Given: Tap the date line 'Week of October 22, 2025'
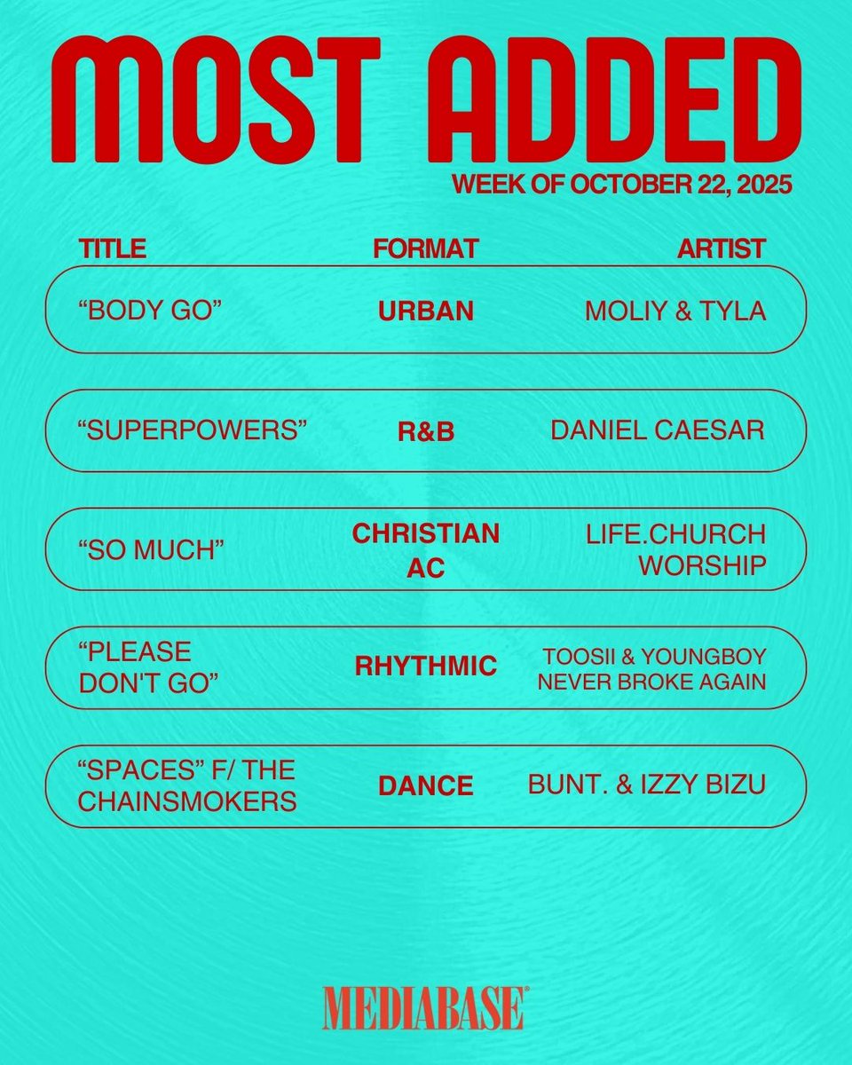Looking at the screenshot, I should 621,185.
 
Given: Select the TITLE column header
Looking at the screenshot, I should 112,248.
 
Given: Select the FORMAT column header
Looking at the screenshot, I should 426,248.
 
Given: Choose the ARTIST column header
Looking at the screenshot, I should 721,248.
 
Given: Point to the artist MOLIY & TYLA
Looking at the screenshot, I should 675,311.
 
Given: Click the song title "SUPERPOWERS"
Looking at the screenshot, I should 193,430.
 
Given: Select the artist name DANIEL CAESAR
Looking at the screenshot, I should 658,430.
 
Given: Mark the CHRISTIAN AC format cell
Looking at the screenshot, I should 426,550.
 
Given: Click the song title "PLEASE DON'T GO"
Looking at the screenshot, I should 135,667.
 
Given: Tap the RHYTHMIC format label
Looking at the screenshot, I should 426,667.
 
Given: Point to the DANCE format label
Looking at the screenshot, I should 426,786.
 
